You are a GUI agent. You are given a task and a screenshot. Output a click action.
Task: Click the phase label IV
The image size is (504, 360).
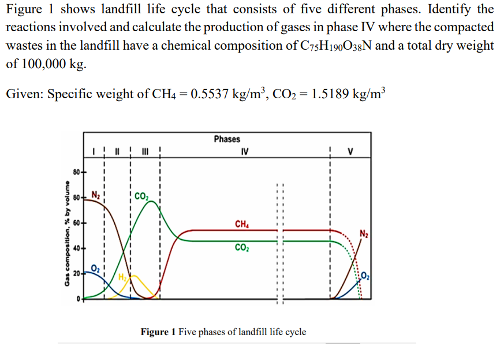(x=245, y=152)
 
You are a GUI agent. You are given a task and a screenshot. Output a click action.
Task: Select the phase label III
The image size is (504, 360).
(x=145, y=153)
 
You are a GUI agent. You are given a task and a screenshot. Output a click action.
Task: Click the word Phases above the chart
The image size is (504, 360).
(x=227, y=139)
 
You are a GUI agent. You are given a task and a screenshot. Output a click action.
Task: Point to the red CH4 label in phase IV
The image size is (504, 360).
(x=242, y=224)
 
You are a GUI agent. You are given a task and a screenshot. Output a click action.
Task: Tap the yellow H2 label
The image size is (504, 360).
(x=123, y=277)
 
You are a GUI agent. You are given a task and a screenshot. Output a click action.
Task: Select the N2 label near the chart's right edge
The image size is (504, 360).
(x=363, y=234)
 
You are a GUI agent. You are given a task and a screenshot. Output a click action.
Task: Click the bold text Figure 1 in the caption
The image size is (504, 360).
(x=158, y=332)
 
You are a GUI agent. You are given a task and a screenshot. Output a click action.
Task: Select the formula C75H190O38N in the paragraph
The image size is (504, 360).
(x=332, y=46)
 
